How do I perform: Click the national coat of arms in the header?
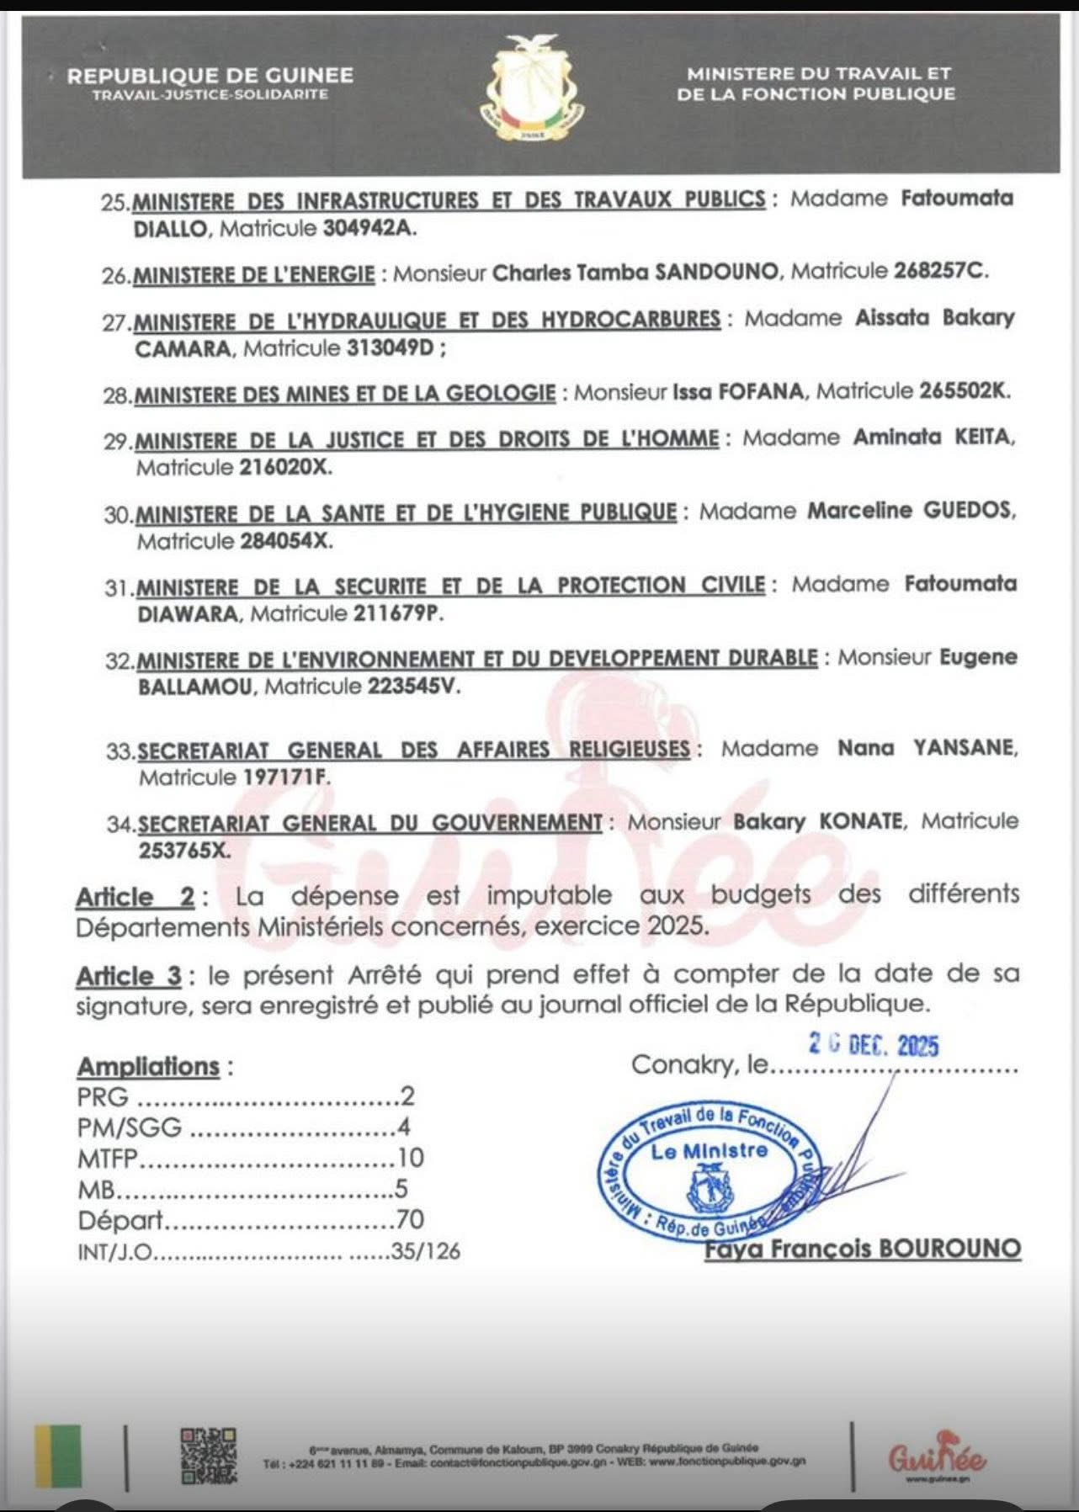click(533, 91)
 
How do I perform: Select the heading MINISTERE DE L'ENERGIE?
click(254, 274)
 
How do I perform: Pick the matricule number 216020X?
click(285, 467)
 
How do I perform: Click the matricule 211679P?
click(396, 613)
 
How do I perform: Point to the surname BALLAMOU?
click(195, 687)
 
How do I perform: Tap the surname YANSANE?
click(965, 748)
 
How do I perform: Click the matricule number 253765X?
click(184, 850)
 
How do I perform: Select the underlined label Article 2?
click(136, 897)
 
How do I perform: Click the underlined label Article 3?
click(129, 976)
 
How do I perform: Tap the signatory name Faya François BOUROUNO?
click(863, 1249)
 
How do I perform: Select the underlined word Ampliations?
click(148, 1067)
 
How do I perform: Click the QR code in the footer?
click(208, 1456)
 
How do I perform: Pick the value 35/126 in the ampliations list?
click(426, 1252)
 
